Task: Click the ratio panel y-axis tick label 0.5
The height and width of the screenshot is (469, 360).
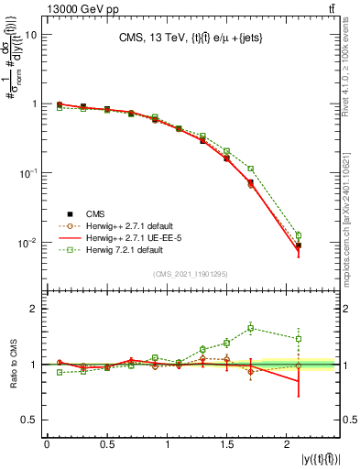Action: coord(31,420)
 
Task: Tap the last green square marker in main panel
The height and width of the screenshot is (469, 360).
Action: coord(299,235)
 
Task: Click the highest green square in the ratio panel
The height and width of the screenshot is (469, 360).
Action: coord(250,328)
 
